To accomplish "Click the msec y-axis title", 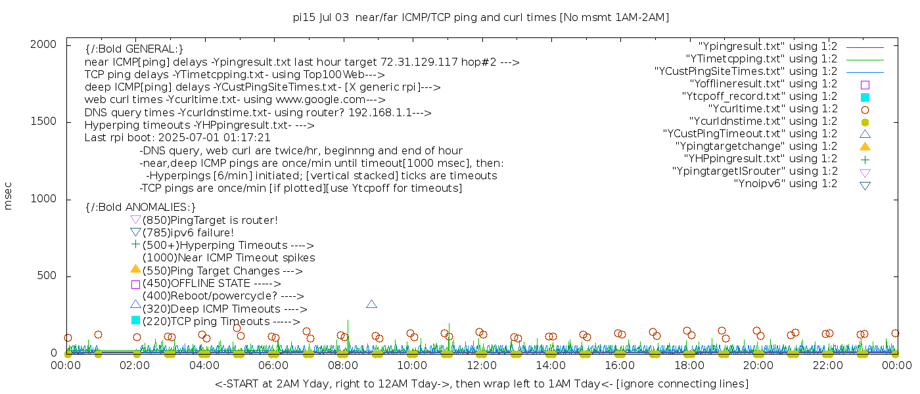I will (9, 196).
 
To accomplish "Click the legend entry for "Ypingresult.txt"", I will (768, 47).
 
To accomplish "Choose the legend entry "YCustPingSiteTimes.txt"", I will (746, 72).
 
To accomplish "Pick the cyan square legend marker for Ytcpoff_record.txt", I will (865, 97).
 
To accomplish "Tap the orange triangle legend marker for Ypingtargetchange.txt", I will (865, 146).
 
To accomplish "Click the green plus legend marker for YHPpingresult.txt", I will (865, 159).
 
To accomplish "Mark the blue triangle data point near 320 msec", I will (371, 304).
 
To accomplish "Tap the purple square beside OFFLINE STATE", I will (135, 284).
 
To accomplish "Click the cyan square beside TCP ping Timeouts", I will (135, 320).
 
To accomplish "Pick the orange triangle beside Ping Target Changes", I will (135, 269).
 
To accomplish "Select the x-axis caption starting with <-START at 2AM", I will (481, 383).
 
